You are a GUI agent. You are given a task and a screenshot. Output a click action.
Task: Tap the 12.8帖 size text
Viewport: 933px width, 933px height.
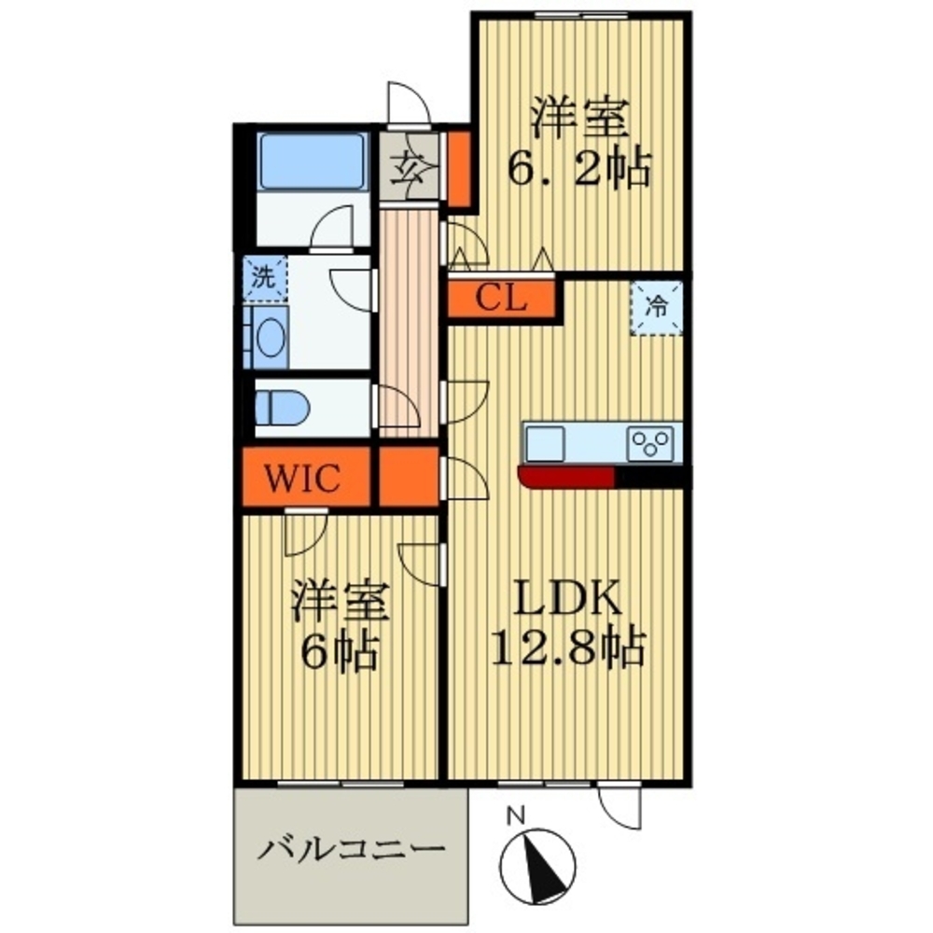pos(564,647)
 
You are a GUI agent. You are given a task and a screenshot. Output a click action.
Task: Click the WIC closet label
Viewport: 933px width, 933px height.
pos(305,479)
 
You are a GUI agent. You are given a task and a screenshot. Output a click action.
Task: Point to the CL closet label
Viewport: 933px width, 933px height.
pos(502,299)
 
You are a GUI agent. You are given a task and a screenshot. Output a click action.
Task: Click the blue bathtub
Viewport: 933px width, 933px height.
pos(311,160)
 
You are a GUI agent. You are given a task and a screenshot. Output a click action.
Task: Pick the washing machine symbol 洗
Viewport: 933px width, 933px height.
pos(265,277)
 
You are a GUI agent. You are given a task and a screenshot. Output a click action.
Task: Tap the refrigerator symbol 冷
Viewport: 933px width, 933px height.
pos(658,305)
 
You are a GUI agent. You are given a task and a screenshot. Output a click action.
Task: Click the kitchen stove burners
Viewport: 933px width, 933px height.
pos(652,440)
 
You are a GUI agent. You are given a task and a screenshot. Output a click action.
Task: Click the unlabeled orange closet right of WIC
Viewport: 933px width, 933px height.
pos(409,478)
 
